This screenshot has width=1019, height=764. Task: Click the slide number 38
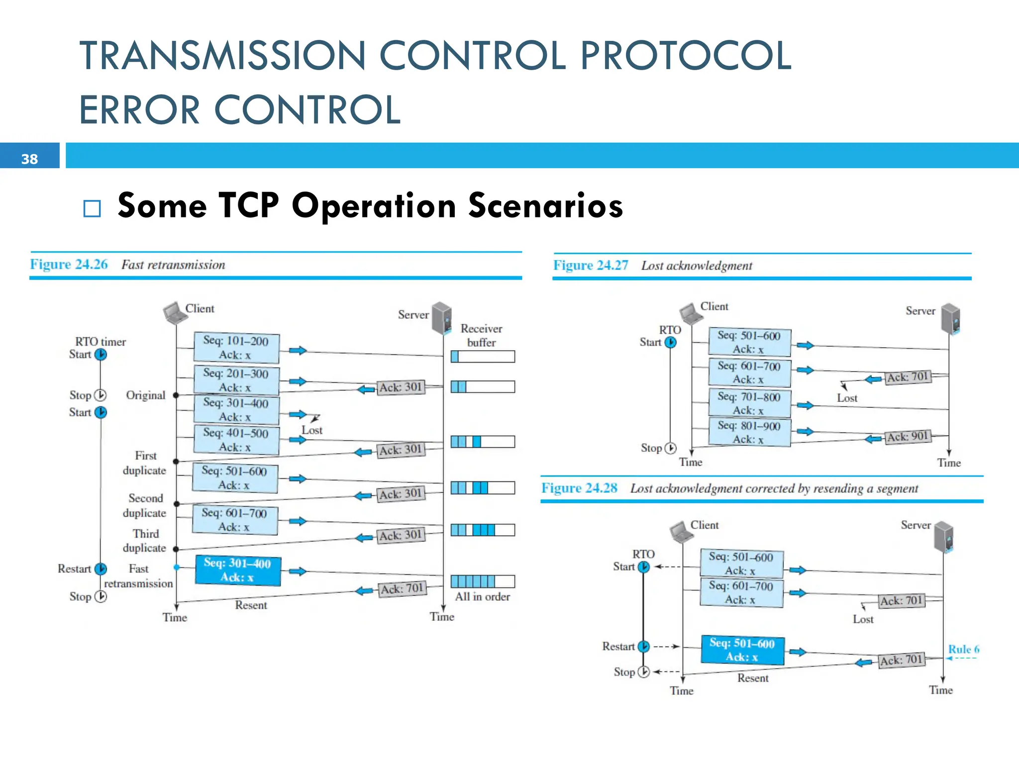point(29,159)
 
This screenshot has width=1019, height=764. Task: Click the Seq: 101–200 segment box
point(236,348)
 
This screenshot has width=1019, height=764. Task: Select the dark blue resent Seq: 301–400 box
point(238,570)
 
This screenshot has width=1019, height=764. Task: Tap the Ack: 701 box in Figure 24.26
point(402,589)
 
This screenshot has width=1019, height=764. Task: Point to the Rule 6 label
point(963,649)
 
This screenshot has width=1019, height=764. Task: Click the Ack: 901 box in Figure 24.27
point(908,437)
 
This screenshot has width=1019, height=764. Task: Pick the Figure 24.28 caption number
point(580,488)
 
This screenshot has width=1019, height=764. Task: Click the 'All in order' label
point(482,596)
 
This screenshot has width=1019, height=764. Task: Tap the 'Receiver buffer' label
point(481,335)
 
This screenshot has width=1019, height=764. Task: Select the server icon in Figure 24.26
point(441,317)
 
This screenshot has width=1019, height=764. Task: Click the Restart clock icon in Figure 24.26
point(101,569)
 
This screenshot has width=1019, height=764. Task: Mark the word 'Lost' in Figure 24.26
point(312,430)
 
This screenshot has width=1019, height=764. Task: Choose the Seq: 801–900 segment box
point(749,432)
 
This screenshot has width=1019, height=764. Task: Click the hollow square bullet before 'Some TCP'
point(92,208)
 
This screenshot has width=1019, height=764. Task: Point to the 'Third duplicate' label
point(145,540)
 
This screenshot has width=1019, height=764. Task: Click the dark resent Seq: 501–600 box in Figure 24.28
point(742,650)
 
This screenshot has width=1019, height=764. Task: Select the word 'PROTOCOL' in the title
point(685,55)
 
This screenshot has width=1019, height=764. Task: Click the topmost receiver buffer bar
point(482,356)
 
